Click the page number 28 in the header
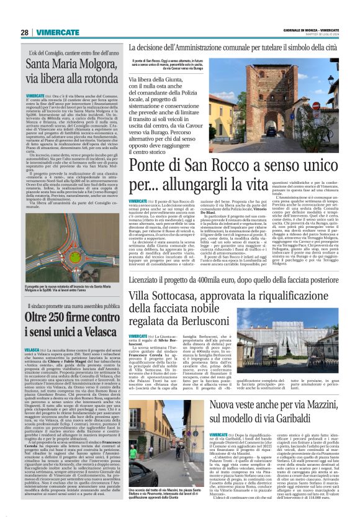tap(24, 32)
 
